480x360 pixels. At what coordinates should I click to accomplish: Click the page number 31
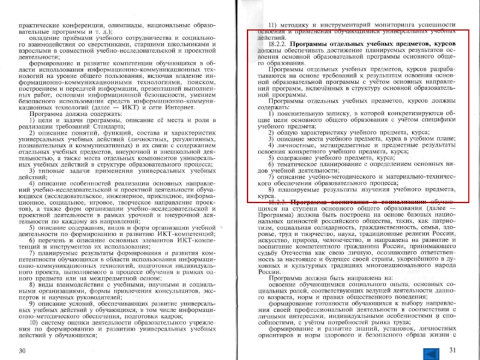click(x=452, y=350)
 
